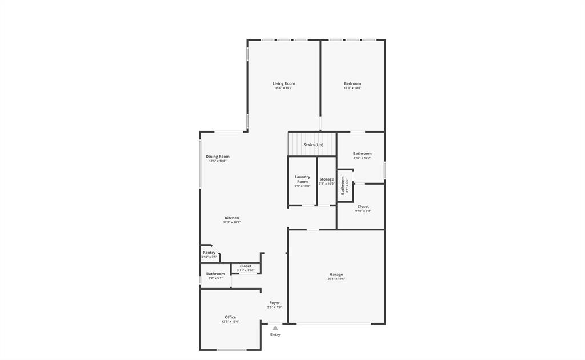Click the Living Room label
(283, 84)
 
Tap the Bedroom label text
(352, 84)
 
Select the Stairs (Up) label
(313, 145)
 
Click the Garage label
(336, 274)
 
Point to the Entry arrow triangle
(275, 328)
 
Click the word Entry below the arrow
(275, 335)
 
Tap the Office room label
(230, 317)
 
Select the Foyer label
(275, 303)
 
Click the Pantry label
(209, 253)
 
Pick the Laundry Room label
(302, 179)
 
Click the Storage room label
(327, 179)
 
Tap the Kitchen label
(231, 218)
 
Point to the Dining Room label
(218, 157)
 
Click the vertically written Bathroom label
(343, 186)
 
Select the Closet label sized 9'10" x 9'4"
(363, 207)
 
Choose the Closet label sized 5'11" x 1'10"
(246, 266)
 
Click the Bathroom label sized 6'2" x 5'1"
(215, 274)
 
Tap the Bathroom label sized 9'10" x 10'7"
(362, 153)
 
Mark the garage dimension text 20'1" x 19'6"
(336, 279)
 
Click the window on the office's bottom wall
(231, 350)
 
